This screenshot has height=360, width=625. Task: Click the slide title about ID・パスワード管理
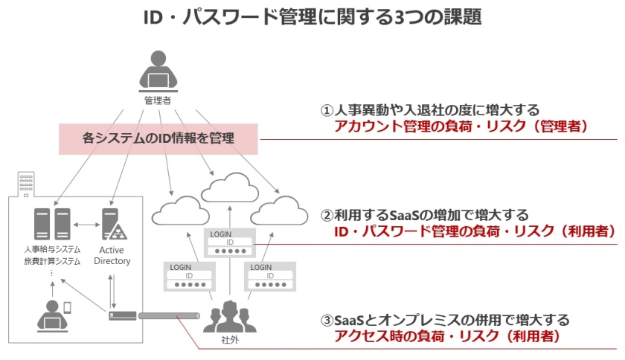pyautogui.click(x=312, y=17)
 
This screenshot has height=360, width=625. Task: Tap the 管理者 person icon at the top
pyautogui.click(x=157, y=70)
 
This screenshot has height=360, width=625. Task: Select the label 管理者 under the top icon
pyautogui.click(x=157, y=100)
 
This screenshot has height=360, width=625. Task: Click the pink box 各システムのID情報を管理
pyautogui.click(x=158, y=138)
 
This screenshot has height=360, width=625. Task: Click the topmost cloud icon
pyautogui.click(x=228, y=189)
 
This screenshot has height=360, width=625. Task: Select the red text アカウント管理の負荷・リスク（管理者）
pyautogui.click(x=462, y=126)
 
